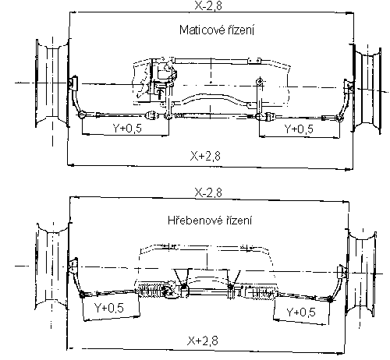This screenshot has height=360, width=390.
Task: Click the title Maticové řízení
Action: coord(217,30)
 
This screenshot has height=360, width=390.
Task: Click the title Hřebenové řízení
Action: coord(210,221)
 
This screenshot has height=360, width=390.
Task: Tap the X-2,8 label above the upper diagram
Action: coord(208,5)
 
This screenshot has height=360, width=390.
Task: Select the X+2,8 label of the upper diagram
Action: coord(205,156)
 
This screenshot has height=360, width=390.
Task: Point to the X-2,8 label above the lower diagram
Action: coord(208,192)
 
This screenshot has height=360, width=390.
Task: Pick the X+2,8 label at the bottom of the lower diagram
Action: coord(203,341)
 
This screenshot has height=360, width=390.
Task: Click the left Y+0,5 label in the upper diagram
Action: coord(127,128)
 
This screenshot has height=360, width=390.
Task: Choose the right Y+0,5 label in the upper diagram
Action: coord(299,129)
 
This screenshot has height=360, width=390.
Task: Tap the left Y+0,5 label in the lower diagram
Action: coord(109,308)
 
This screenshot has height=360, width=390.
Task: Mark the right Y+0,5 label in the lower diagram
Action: coord(301,312)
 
